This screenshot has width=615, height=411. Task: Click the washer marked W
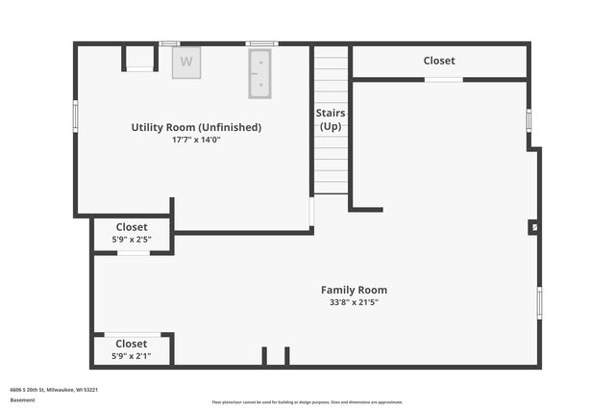(186, 62)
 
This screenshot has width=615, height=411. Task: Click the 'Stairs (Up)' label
(331, 119)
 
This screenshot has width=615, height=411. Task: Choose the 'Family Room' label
(354, 290)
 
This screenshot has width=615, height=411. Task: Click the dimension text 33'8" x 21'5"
(354, 302)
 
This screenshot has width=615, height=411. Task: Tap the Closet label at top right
(439, 61)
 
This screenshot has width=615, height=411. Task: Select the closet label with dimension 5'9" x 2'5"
(132, 228)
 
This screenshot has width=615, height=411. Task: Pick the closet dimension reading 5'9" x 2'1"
(132, 356)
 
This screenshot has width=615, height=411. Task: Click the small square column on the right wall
(534, 227)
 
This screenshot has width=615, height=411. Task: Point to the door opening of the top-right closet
(444, 79)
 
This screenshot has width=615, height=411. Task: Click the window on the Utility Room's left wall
(76, 115)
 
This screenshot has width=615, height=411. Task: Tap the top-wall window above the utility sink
(261, 43)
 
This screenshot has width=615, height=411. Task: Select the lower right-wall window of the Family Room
(539, 303)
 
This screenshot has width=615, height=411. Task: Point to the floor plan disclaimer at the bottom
(307, 402)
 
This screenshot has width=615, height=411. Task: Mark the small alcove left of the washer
(139, 58)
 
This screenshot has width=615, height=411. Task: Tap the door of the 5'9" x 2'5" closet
(134, 253)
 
